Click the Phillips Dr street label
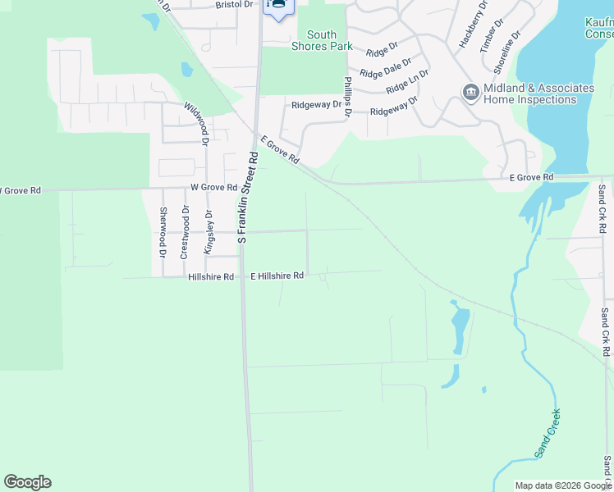(347, 97)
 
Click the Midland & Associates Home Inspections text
(539, 93)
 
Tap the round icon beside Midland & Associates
(471, 92)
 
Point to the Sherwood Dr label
(163, 233)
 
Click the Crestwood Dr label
(186, 233)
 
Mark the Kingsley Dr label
(208, 233)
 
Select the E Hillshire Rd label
(277, 276)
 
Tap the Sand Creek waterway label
(548, 432)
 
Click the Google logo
(27, 482)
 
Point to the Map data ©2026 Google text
(562, 485)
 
